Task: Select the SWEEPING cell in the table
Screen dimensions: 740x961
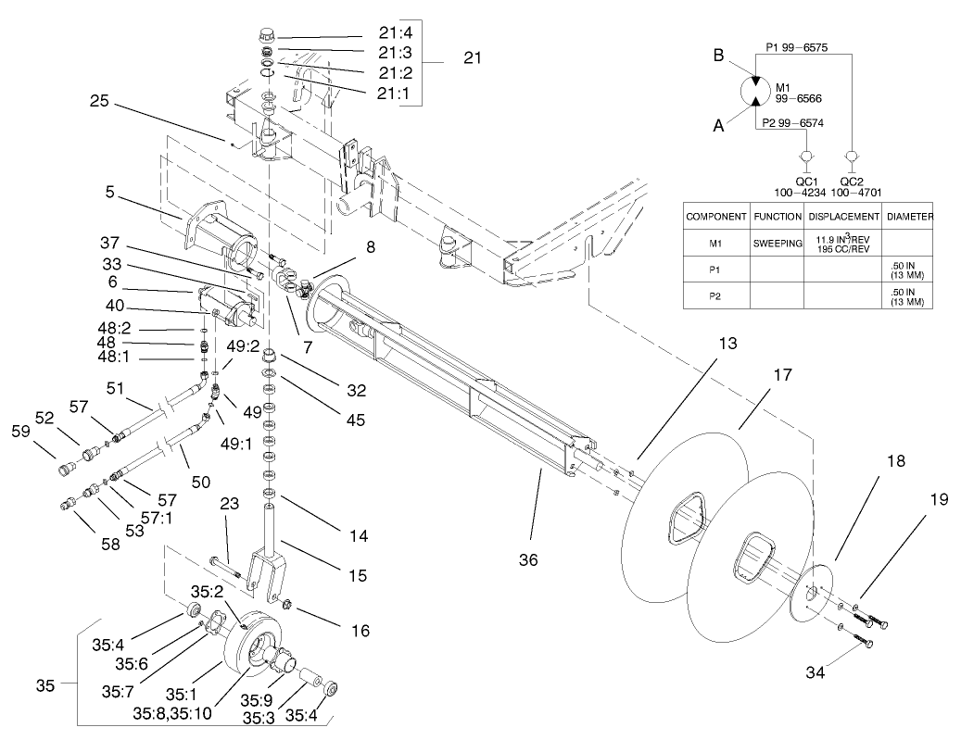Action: pyautogui.click(x=777, y=245)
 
